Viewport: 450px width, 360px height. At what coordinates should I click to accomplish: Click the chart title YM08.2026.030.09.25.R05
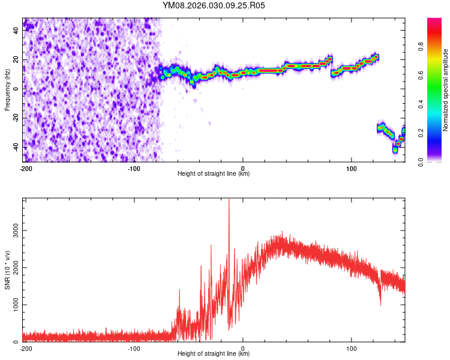click(214, 5)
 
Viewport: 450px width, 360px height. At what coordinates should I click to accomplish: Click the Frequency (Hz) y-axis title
click(8, 89)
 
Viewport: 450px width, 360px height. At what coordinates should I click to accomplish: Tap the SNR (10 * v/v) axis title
click(8, 270)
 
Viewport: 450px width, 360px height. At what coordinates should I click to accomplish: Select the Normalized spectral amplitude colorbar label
click(446, 90)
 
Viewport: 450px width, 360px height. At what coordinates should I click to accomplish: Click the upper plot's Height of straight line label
click(214, 173)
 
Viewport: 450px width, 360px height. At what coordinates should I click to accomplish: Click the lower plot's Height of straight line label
click(214, 353)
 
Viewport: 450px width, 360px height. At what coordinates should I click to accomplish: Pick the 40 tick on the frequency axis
click(16, 31)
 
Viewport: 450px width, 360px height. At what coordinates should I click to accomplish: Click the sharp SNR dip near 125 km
click(380, 305)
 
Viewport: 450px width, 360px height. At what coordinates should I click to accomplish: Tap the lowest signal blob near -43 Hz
click(395, 150)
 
